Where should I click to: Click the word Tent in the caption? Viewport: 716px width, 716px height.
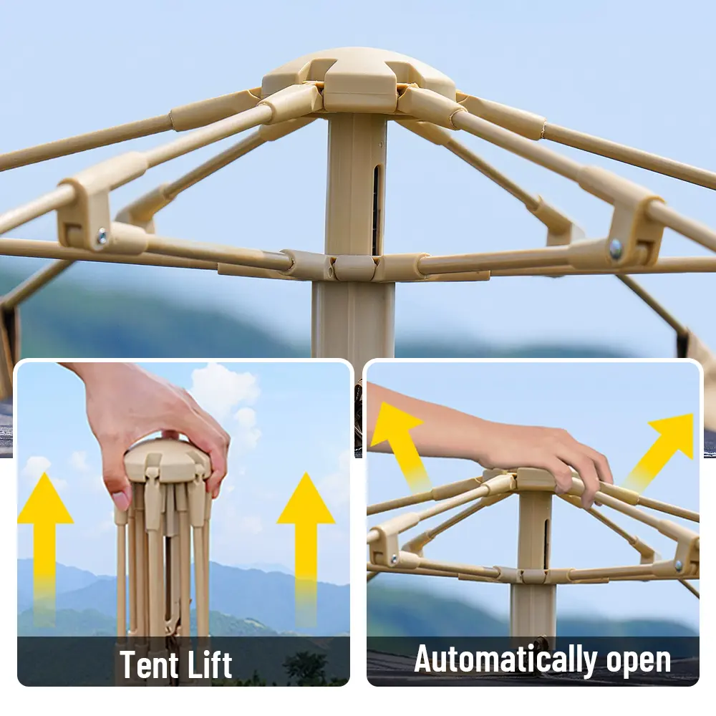[150, 664]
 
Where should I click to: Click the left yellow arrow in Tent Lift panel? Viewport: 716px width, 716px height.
[44, 548]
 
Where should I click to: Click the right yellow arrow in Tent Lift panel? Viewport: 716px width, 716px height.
[306, 548]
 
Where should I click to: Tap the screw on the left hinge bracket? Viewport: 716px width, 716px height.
[102, 236]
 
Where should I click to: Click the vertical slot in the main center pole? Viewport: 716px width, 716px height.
[377, 210]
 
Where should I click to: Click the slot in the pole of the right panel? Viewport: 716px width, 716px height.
[546, 543]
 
